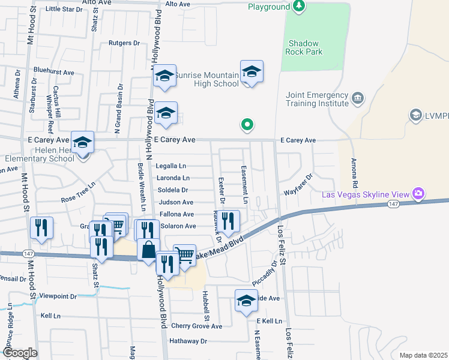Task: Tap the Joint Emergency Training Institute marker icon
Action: [358, 98]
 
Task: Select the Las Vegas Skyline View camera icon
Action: [418, 194]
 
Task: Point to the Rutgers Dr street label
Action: [124, 43]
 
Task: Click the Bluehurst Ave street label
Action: [54, 72]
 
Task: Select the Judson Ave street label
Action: [176, 202]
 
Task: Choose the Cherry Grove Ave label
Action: [196, 326]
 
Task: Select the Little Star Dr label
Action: [64, 9]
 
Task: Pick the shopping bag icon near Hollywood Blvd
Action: [148, 248]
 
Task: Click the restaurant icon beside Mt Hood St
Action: [41, 227]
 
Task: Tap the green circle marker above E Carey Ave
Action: [246, 125]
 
